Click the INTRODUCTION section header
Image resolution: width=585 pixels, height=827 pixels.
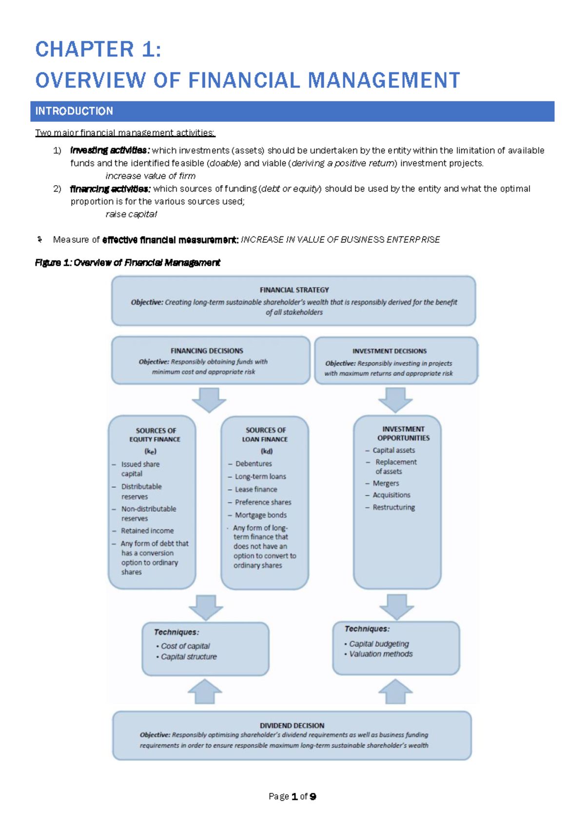[74, 111]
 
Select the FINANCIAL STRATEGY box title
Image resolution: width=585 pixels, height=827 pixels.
[294, 290]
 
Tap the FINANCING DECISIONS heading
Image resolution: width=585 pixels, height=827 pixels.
[207, 351]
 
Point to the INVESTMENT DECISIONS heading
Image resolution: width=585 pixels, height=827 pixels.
[390, 351]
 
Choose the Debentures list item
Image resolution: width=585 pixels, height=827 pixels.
[253, 464]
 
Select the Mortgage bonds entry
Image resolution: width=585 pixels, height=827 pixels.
[261, 515]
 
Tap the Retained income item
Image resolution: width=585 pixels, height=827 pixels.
[147, 531]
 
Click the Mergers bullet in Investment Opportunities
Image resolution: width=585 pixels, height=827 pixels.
[386, 483]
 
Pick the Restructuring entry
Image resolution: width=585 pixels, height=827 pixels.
[394, 507]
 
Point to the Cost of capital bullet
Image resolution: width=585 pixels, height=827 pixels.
[185, 646]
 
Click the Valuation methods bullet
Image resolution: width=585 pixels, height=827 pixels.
[381, 654]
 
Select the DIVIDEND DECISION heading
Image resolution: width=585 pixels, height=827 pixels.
[292, 726]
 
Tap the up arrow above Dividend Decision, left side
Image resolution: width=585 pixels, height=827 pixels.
[205, 691]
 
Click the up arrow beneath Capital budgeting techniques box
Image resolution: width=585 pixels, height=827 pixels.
[395, 691]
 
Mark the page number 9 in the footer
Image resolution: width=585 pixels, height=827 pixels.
[312, 796]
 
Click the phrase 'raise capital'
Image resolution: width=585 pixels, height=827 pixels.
[131, 214]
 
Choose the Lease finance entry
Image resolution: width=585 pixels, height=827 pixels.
[256, 489]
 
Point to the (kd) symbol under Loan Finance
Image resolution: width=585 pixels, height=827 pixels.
[266, 451]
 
